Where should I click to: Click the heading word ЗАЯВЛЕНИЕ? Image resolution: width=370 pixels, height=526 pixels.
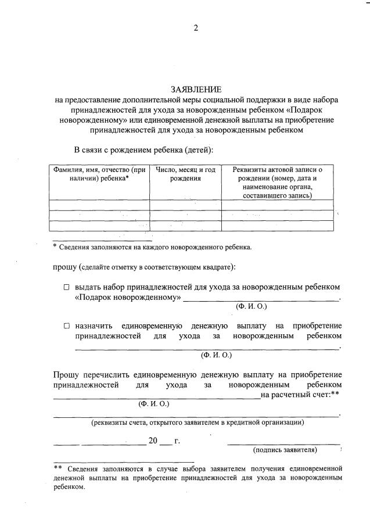tap(196, 90)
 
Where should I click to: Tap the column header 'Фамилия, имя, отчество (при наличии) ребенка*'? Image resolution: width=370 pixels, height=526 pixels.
tap(99, 174)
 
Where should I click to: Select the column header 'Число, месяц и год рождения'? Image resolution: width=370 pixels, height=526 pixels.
tap(185, 174)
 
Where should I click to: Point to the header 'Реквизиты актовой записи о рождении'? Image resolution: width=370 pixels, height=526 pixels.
tap(278, 174)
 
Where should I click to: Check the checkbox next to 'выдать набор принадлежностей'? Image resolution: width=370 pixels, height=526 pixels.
tap(66, 287)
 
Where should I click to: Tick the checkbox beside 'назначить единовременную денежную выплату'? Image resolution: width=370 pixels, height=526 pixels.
tap(66, 325)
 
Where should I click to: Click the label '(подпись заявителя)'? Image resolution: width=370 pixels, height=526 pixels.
tap(285, 450)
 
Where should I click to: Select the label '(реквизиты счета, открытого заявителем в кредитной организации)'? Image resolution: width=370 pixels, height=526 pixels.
tap(197, 423)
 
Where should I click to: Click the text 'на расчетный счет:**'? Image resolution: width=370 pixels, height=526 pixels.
tap(300, 395)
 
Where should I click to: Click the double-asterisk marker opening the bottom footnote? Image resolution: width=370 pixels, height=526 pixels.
tap(58, 467)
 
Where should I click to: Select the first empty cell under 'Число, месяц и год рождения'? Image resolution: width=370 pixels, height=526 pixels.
tap(185, 205)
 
